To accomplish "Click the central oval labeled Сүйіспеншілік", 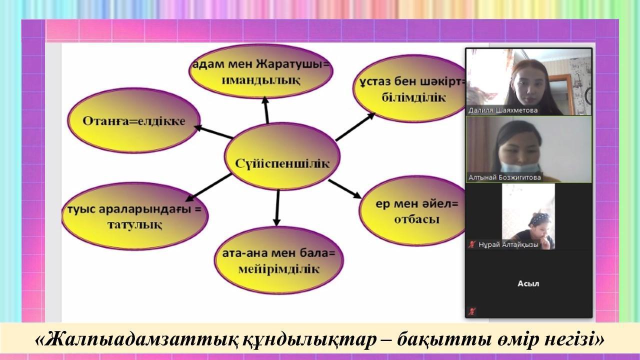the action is click(x=282, y=156).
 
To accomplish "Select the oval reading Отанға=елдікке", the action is click(x=133, y=120).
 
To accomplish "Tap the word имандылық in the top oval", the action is click(x=261, y=80).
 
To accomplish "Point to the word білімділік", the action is click(x=413, y=97).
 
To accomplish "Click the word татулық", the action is click(x=135, y=225).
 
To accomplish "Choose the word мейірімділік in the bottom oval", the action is click(x=279, y=269).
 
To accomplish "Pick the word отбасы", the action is click(x=416, y=219).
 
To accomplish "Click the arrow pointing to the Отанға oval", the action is click(x=213, y=131).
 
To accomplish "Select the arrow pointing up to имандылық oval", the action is click(x=266, y=110).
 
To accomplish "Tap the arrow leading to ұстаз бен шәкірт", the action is click(x=355, y=126).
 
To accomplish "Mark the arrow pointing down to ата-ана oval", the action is click(x=277, y=208).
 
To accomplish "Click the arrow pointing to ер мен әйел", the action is click(x=345, y=189).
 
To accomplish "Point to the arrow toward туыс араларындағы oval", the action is click(x=208, y=187).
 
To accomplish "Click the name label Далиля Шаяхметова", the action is click(x=503, y=110).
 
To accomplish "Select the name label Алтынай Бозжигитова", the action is click(x=504, y=177).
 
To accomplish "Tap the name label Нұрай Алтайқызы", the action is click(x=508, y=244).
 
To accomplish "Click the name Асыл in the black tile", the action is click(x=528, y=283).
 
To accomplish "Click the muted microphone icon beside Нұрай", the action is click(x=471, y=244).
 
